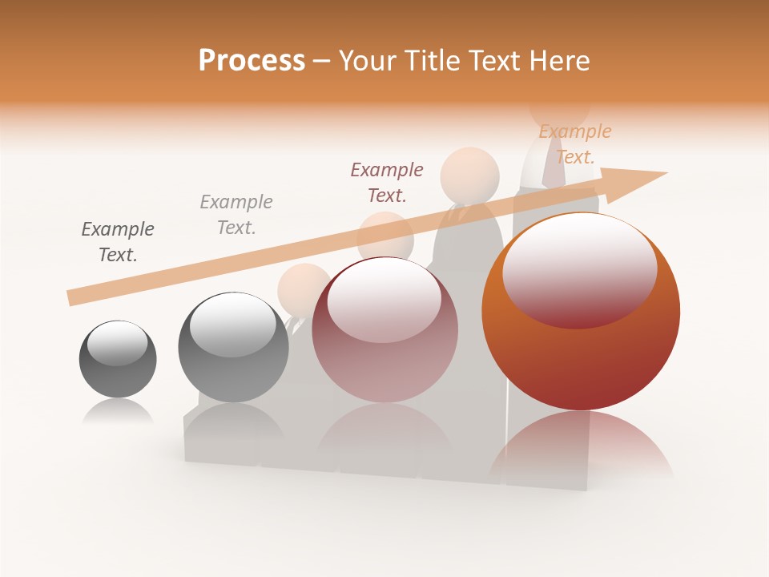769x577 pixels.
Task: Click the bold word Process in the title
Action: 252,61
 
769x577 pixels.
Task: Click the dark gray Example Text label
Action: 118,242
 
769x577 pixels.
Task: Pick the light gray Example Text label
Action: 236,215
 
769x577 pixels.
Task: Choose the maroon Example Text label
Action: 387,183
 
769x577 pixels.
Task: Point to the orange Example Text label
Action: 574,144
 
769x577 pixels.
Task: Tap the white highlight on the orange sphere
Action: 579,270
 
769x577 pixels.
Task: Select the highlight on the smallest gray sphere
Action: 117,344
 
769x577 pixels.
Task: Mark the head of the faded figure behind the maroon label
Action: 469,173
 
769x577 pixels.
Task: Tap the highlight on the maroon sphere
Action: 384,301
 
